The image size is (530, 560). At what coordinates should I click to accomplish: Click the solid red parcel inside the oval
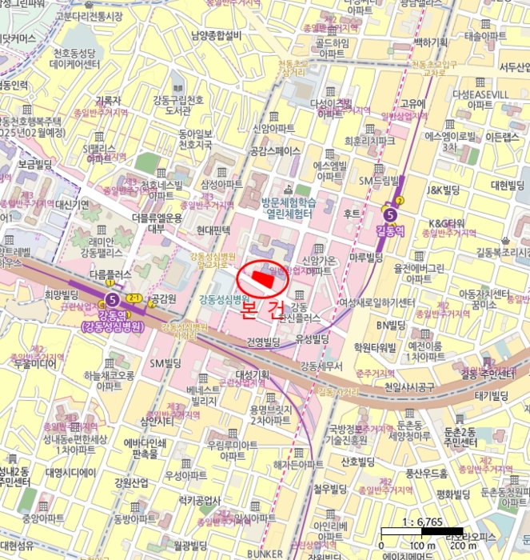pyautogui.click(x=264, y=278)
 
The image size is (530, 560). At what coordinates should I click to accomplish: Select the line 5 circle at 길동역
pyautogui.click(x=389, y=214)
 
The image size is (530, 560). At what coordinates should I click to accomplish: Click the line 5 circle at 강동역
pyautogui.click(x=110, y=300)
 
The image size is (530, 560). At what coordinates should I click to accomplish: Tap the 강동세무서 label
pyautogui.click(x=321, y=366)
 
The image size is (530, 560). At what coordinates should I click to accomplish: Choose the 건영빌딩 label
pyautogui.click(x=263, y=342)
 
